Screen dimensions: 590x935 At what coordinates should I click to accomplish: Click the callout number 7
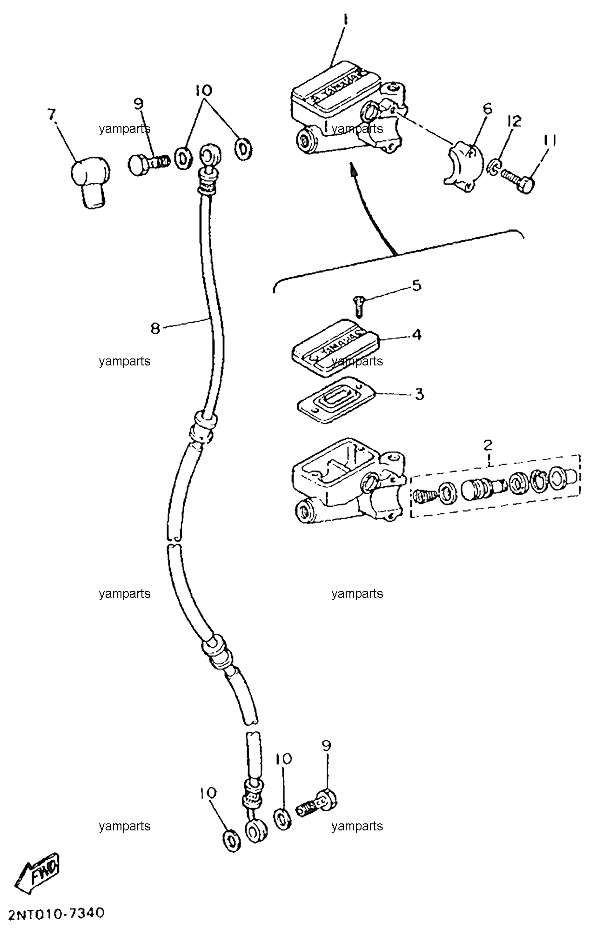pos(52,115)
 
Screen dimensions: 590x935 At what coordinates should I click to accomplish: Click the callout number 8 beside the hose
pos(155,328)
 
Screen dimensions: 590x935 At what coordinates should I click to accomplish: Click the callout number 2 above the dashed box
pos(488,445)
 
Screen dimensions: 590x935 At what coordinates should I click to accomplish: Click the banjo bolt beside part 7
pos(148,165)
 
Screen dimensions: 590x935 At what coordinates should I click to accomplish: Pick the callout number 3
pos(419,394)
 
